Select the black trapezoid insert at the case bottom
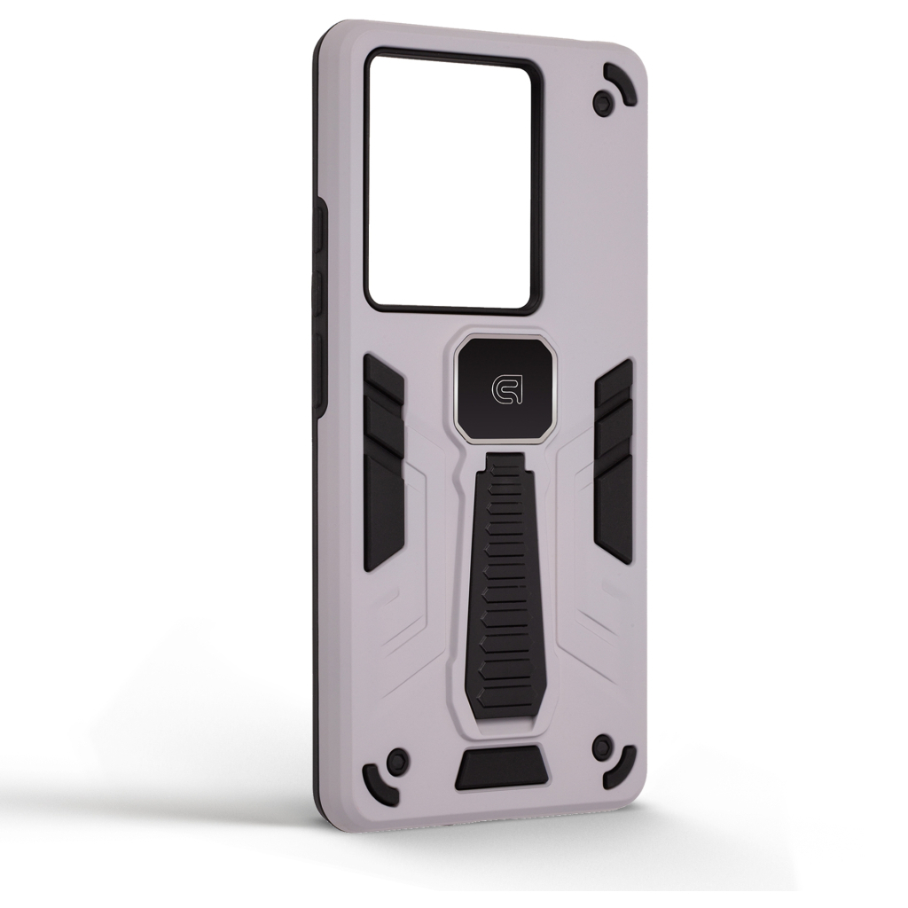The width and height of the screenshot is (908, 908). pos(501,770)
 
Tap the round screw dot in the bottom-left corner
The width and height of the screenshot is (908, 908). pos(397,760)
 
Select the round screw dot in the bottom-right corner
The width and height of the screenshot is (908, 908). pos(603,743)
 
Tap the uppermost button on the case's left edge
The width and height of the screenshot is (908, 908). pos(321,235)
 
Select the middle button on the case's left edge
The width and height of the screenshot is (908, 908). pos(321,301)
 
